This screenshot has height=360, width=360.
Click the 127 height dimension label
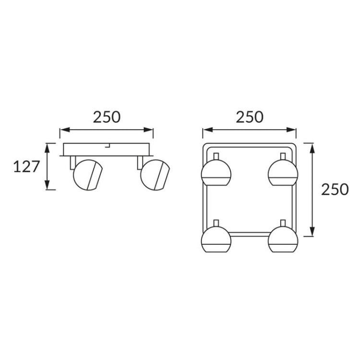26,167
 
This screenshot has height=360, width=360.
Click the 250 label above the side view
107,117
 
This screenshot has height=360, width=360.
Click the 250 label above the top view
250,117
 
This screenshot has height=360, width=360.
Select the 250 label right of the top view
335,190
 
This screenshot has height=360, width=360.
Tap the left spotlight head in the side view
88,175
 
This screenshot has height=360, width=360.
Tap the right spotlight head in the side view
155,175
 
